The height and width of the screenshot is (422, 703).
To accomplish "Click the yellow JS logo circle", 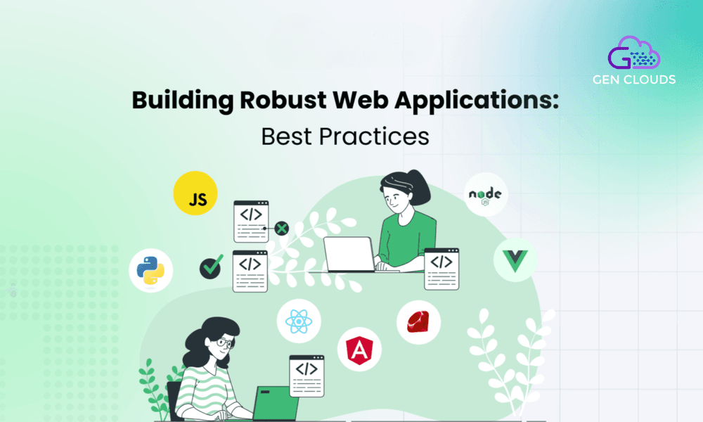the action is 195,193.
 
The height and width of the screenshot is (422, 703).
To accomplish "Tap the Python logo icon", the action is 150,270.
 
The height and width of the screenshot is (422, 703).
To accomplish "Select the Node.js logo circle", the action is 486,195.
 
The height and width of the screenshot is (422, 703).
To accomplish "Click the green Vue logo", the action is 515,260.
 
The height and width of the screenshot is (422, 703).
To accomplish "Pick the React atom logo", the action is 299,321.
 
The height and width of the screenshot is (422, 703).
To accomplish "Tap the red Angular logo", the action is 359,350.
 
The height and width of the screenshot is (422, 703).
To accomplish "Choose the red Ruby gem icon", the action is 418,322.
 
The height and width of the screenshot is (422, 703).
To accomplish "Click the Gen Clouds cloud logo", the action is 634,53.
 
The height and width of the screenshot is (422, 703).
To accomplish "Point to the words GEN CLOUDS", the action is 634,79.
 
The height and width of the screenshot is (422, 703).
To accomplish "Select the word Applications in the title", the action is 477,101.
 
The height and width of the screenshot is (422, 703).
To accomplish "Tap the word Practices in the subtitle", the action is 374,136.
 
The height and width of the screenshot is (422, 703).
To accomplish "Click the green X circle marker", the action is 282,229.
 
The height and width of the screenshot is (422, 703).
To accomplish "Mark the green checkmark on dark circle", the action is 211,267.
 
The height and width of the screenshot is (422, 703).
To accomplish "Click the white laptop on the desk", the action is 349,255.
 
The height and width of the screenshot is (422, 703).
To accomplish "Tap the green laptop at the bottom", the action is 276,403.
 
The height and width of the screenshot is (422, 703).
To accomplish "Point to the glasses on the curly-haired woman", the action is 226,343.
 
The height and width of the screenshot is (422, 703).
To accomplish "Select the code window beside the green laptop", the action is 307,376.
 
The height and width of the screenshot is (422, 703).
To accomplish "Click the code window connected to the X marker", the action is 251,222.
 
